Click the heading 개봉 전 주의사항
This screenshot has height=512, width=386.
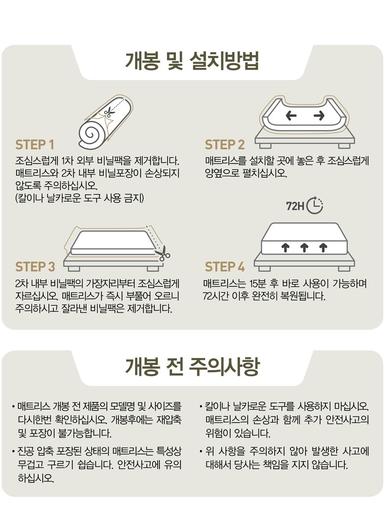193,366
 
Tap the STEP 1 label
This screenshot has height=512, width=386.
35,145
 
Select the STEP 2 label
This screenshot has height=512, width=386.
225,145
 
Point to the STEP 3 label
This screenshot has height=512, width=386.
35,267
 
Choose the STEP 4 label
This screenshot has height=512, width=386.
225,267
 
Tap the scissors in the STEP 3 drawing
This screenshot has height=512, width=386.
162,253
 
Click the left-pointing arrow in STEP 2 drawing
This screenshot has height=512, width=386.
291,115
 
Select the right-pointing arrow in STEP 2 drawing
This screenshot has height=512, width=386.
319,115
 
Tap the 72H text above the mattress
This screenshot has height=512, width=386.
295,206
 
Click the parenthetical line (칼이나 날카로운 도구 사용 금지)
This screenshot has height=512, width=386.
79,198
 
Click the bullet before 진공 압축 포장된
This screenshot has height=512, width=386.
13,452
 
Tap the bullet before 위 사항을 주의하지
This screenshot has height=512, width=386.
201,452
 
